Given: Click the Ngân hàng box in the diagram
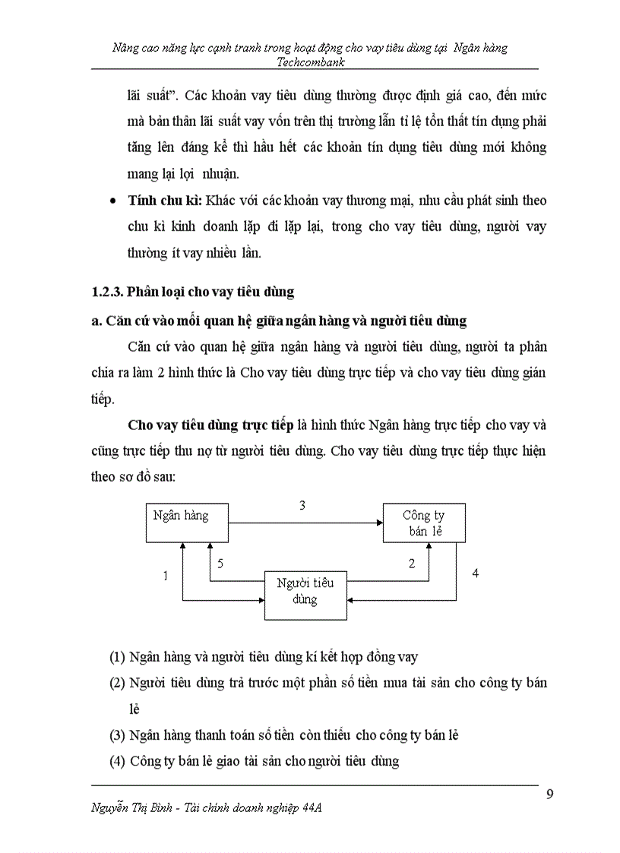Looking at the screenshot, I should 187,523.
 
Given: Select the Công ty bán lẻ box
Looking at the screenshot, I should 423,523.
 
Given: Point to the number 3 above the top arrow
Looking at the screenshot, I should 302,505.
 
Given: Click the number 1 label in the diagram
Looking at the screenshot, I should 165,577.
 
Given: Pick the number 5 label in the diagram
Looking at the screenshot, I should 220,564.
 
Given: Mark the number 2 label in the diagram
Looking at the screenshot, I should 412,564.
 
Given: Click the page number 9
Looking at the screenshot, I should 550,795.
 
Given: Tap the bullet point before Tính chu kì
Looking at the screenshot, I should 113,201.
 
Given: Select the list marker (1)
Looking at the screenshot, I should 117,656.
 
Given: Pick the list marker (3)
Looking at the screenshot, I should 117,735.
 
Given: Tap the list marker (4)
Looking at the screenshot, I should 117,760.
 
